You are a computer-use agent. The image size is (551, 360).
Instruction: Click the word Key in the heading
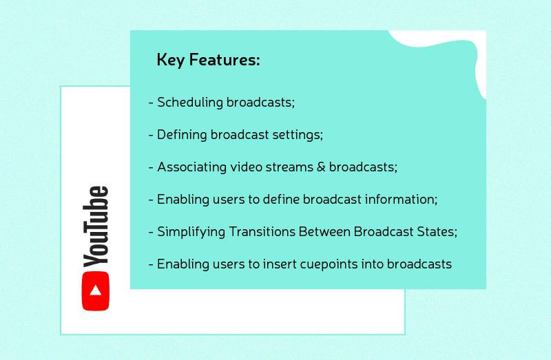(x=169, y=61)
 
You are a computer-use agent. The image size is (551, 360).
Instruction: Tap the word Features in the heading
(x=223, y=61)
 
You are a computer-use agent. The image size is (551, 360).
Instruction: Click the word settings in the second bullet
(x=298, y=136)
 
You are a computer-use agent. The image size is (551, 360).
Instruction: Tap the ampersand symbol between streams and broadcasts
(x=320, y=167)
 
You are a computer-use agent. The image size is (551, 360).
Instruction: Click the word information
(x=403, y=200)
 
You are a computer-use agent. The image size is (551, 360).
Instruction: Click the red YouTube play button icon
(x=96, y=290)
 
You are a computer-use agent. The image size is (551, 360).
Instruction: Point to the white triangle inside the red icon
(x=96, y=290)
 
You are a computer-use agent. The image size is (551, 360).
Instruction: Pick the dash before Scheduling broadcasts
(x=151, y=103)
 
